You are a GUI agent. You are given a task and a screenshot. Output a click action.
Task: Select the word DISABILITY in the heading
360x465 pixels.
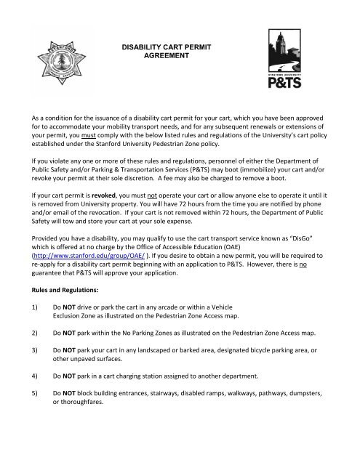point(144,45)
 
